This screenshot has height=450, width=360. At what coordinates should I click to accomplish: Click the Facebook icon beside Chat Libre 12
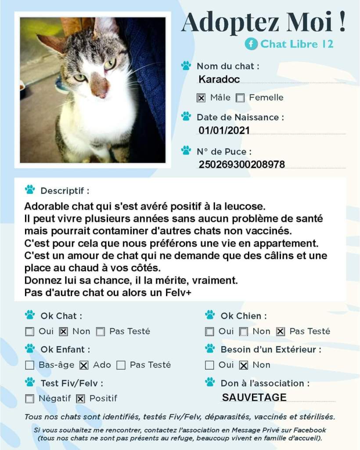251,44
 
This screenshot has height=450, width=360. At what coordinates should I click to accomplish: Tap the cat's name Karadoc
219,80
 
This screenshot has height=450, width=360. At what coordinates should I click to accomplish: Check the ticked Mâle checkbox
201,98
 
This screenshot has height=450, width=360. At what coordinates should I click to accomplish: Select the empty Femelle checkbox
240,98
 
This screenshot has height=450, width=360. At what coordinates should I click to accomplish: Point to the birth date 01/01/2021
224,130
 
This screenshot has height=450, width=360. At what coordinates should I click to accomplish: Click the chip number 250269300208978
241,165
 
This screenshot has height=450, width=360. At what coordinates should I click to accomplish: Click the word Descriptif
65,191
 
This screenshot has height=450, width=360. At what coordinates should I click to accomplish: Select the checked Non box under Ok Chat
63,332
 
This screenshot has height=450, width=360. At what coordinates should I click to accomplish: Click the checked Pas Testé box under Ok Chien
281,332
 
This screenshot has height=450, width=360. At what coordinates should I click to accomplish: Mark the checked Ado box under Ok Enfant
84,365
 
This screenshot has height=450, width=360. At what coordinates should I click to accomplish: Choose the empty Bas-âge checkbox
30,365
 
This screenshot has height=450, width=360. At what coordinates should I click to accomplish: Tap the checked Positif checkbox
80,399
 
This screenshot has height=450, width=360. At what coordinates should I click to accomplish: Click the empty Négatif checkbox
30,399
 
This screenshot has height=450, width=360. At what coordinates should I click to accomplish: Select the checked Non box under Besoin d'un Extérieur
244,365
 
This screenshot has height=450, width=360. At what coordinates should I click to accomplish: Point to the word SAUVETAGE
254,398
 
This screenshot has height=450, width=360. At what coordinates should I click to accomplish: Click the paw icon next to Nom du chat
186,66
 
